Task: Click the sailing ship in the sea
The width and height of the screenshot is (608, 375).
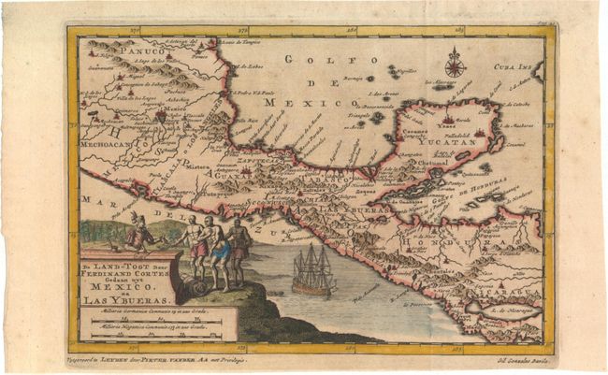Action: pyautogui.click(x=311, y=272)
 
